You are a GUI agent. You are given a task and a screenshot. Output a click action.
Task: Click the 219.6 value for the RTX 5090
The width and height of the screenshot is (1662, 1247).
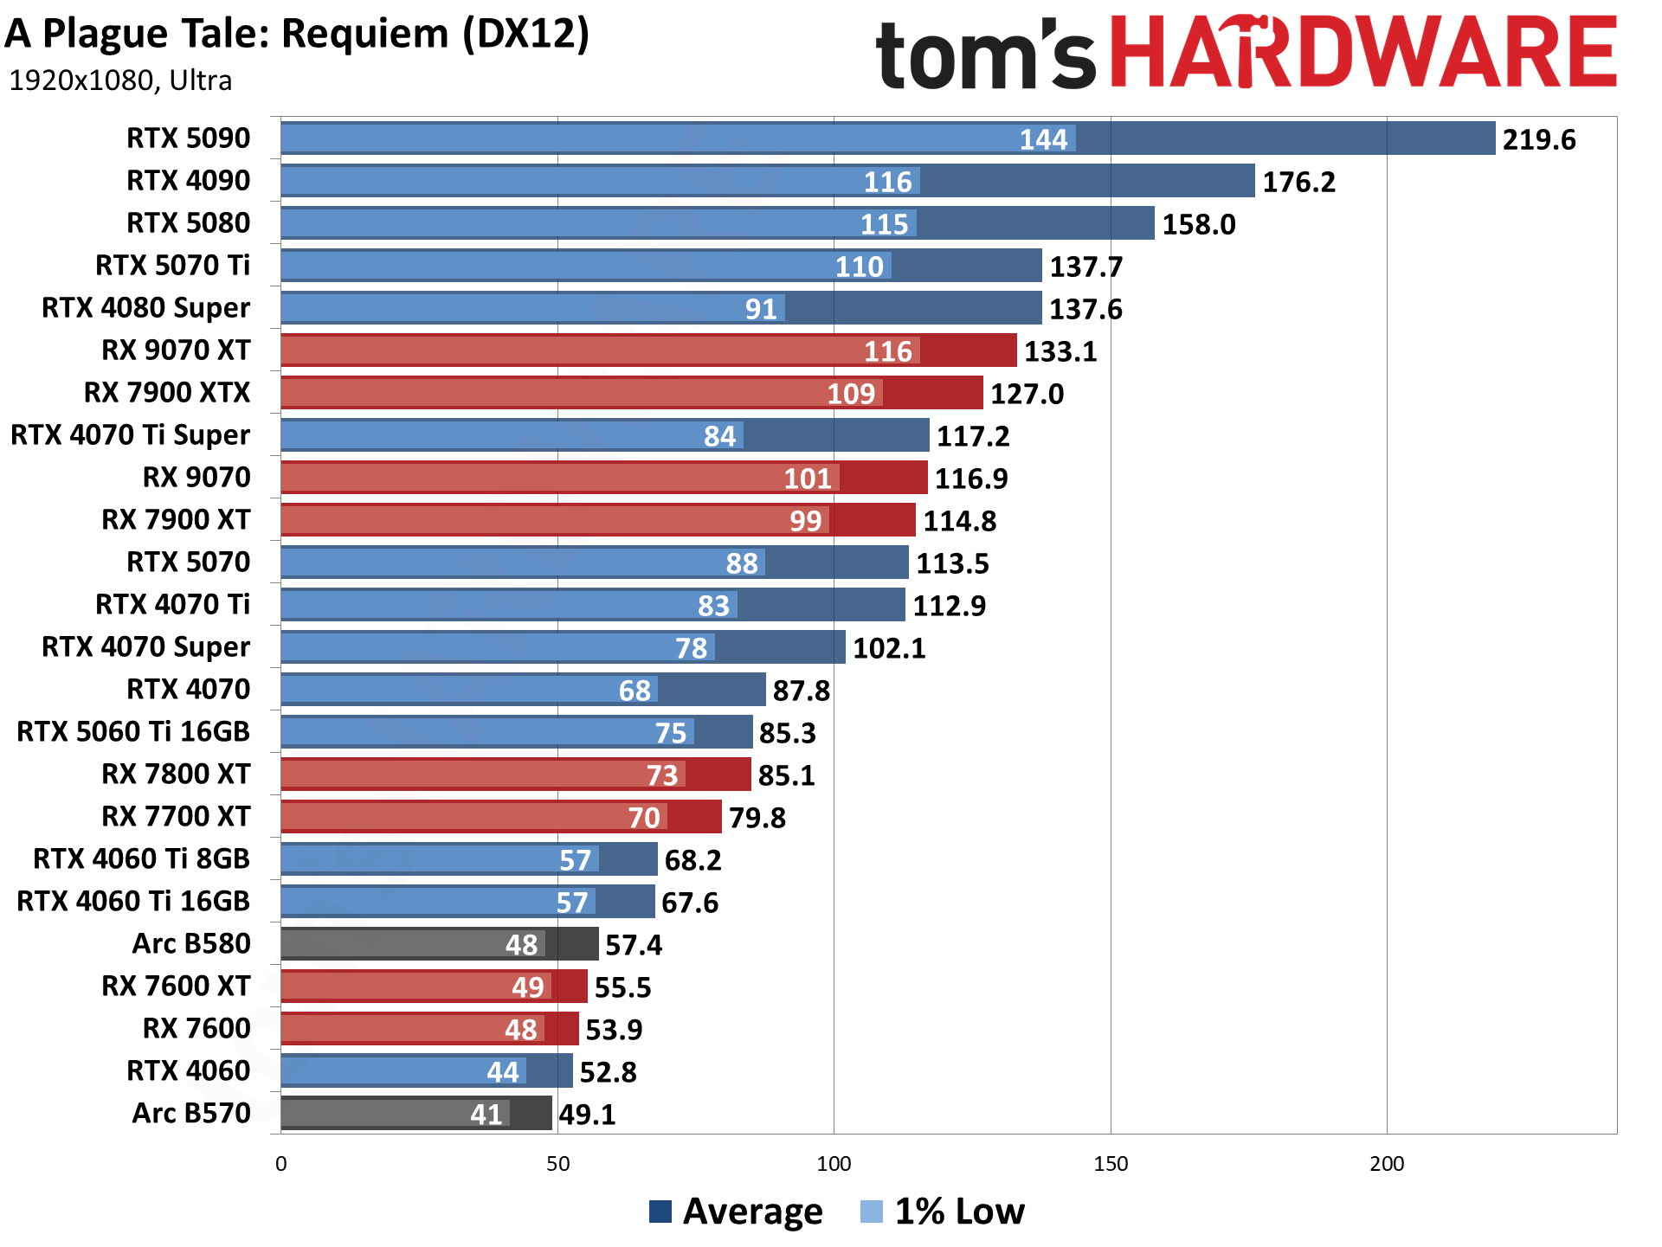click(1538, 139)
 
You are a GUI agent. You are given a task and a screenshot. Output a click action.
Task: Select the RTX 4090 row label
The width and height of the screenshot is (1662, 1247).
click(188, 181)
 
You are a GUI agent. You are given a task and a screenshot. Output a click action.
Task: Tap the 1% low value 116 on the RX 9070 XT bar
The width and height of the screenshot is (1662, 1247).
click(887, 351)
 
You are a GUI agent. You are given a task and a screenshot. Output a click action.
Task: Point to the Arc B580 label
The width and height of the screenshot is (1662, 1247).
click(190, 943)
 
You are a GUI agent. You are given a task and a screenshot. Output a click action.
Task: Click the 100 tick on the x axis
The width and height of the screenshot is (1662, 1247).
click(834, 1164)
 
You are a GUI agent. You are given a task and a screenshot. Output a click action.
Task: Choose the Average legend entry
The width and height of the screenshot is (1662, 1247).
click(736, 1212)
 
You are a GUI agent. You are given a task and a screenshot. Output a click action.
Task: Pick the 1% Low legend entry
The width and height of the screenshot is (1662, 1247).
click(943, 1212)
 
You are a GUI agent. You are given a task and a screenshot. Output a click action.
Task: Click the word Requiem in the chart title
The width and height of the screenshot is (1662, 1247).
click(364, 35)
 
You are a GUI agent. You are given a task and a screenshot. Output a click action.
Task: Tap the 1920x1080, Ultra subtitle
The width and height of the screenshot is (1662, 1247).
click(120, 80)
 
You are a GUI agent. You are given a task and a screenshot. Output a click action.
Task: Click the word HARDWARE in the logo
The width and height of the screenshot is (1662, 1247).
click(1362, 54)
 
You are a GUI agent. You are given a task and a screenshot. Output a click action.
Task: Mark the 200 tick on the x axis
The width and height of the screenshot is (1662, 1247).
click(1387, 1164)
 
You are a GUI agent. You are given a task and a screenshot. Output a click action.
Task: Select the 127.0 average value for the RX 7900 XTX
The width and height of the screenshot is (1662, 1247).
click(1027, 394)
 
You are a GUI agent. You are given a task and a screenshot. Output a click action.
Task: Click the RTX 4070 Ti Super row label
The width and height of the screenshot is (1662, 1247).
click(130, 435)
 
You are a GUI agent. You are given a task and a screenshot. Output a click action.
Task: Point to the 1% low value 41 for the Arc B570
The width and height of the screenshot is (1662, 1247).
click(486, 1115)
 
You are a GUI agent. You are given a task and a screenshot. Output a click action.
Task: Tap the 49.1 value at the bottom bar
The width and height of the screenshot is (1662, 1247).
click(587, 1115)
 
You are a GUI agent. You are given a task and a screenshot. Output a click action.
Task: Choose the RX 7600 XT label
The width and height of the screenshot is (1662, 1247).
click(176, 986)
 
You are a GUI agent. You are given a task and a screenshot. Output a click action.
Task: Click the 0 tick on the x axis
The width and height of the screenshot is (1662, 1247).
click(281, 1164)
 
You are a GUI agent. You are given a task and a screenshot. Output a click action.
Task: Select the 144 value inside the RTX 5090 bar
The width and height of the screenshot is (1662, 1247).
click(1043, 139)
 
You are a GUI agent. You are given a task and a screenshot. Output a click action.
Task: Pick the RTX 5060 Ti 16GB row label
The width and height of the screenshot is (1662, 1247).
click(133, 732)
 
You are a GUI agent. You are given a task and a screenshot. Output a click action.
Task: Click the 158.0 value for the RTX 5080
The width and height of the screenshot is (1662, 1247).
click(1198, 224)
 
